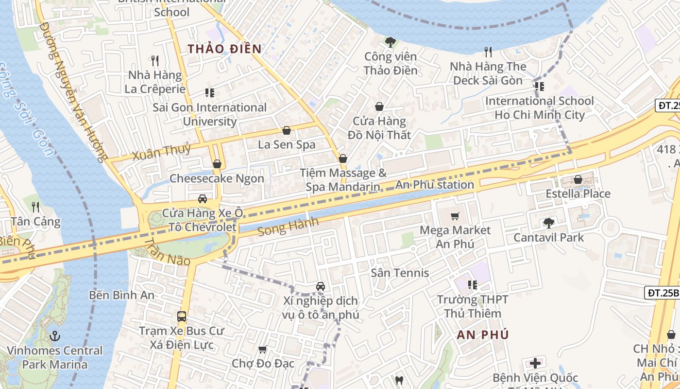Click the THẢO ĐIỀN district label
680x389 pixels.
225,49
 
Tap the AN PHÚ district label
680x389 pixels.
483,335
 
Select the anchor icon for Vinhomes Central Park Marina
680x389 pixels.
55,336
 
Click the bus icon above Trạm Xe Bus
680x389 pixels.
182,317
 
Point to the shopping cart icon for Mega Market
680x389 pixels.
455,216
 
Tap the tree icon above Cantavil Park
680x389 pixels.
549,223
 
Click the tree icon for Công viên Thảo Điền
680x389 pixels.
390,42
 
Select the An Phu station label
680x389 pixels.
435,185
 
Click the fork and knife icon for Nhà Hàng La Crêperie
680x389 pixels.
155,61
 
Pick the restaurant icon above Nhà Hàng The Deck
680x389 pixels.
488,52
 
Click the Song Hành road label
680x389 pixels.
288,227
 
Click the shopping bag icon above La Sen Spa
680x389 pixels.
287,130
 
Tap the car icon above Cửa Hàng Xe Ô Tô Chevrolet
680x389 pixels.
203,198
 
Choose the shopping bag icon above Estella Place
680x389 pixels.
578,179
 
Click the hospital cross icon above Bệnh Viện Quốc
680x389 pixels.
535,363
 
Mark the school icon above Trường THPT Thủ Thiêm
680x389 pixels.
472,285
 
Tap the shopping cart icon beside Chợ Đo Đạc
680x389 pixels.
263,349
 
